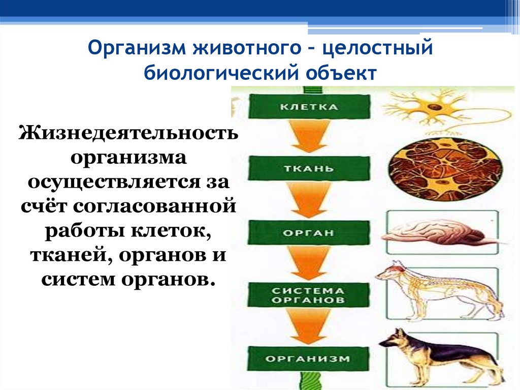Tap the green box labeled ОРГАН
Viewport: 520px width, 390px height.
point(308,233)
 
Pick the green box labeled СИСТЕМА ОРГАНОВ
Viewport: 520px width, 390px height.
point(308,295)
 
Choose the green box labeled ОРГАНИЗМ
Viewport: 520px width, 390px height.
point(308,358)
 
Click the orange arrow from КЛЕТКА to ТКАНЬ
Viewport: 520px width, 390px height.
point(308,137)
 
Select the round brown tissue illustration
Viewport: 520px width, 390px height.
point(445,169)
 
